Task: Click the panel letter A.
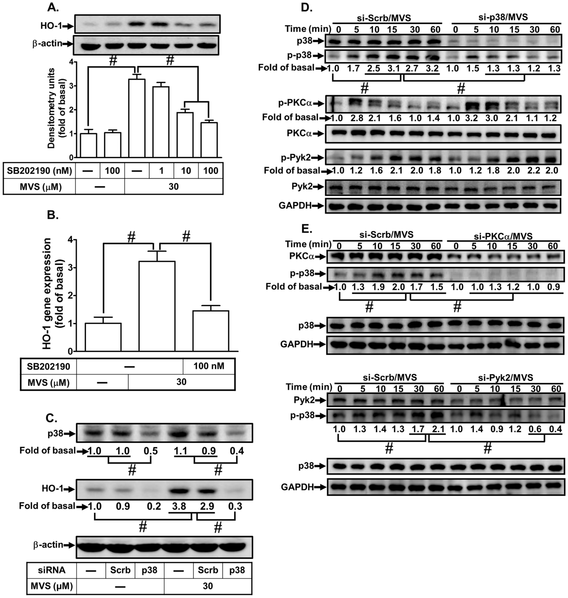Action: [53, 8]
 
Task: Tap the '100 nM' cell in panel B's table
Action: [209, 366]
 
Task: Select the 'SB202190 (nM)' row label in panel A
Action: [39, 171]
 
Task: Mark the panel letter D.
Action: [307, 8]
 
